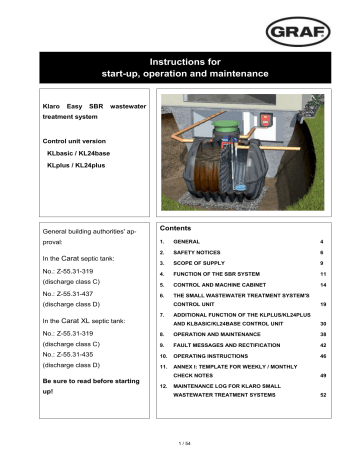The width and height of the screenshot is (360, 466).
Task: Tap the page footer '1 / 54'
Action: tap(180, 441)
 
